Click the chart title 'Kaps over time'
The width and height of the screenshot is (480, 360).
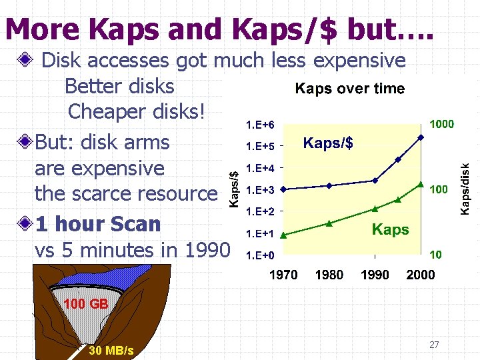coord(349,89)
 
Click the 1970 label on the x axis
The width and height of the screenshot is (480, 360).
coord(283,275)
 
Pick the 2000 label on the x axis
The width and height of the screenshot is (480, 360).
coord(420,275)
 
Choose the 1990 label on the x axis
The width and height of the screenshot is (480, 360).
coord(375,275)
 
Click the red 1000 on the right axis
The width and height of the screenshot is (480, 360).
coord(441,124)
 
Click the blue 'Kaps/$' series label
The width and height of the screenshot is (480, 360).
coord(328,143)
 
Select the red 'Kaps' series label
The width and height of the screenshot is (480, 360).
coord(390,230)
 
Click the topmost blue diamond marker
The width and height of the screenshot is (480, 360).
coord(421,137)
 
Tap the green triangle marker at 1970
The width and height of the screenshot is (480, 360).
coord(283,235)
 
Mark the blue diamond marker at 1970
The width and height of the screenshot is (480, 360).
coord(283,190)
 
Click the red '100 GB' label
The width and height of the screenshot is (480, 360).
coord(85,304)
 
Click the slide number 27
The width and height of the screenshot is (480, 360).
coord(434,345)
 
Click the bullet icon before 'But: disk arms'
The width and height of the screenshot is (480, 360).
coord(25,142)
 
